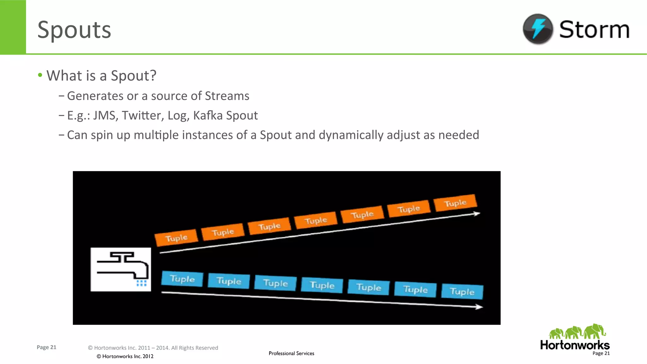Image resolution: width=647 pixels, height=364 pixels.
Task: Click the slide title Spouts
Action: pyautogui.click(x=74, y=30)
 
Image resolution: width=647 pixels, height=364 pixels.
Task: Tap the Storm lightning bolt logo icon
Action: pyautogui.click(x=538, y=29)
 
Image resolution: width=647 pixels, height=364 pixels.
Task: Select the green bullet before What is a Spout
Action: pyautogui.click(x=40, y=75)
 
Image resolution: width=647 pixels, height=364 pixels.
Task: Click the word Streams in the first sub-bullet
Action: pyautogui.click(x=227, y=96)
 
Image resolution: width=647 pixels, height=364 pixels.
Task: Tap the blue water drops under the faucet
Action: pyautogui.click(x=142, y=283)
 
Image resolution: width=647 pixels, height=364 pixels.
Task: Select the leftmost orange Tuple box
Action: pyautogui.click(x=176, y=237)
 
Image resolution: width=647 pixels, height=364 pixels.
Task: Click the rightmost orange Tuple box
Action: pyautogui.click(x=455, y=203)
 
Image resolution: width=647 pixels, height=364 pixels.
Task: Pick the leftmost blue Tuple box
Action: pyautogui.click(x=182, y=279)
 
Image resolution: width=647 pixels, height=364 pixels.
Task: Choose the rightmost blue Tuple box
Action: pyautogui.click(x=462, y=291)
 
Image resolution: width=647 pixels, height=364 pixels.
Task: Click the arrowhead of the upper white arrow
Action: pyautogui.click(x=477, y=214)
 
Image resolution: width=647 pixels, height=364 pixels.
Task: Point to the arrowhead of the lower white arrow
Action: pyautogui.click(x=480, y=307)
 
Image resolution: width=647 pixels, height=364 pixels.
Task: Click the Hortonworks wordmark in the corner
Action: pyautogui.click(x=575, y=345)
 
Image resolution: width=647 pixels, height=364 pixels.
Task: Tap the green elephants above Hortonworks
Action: pyautogui.click(x=577, y=331)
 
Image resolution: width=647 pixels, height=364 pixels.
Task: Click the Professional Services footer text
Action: pyautogui.click(x=291, y=353)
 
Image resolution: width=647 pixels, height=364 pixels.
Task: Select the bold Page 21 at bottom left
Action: pyautogui.click(x=46, y=347)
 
